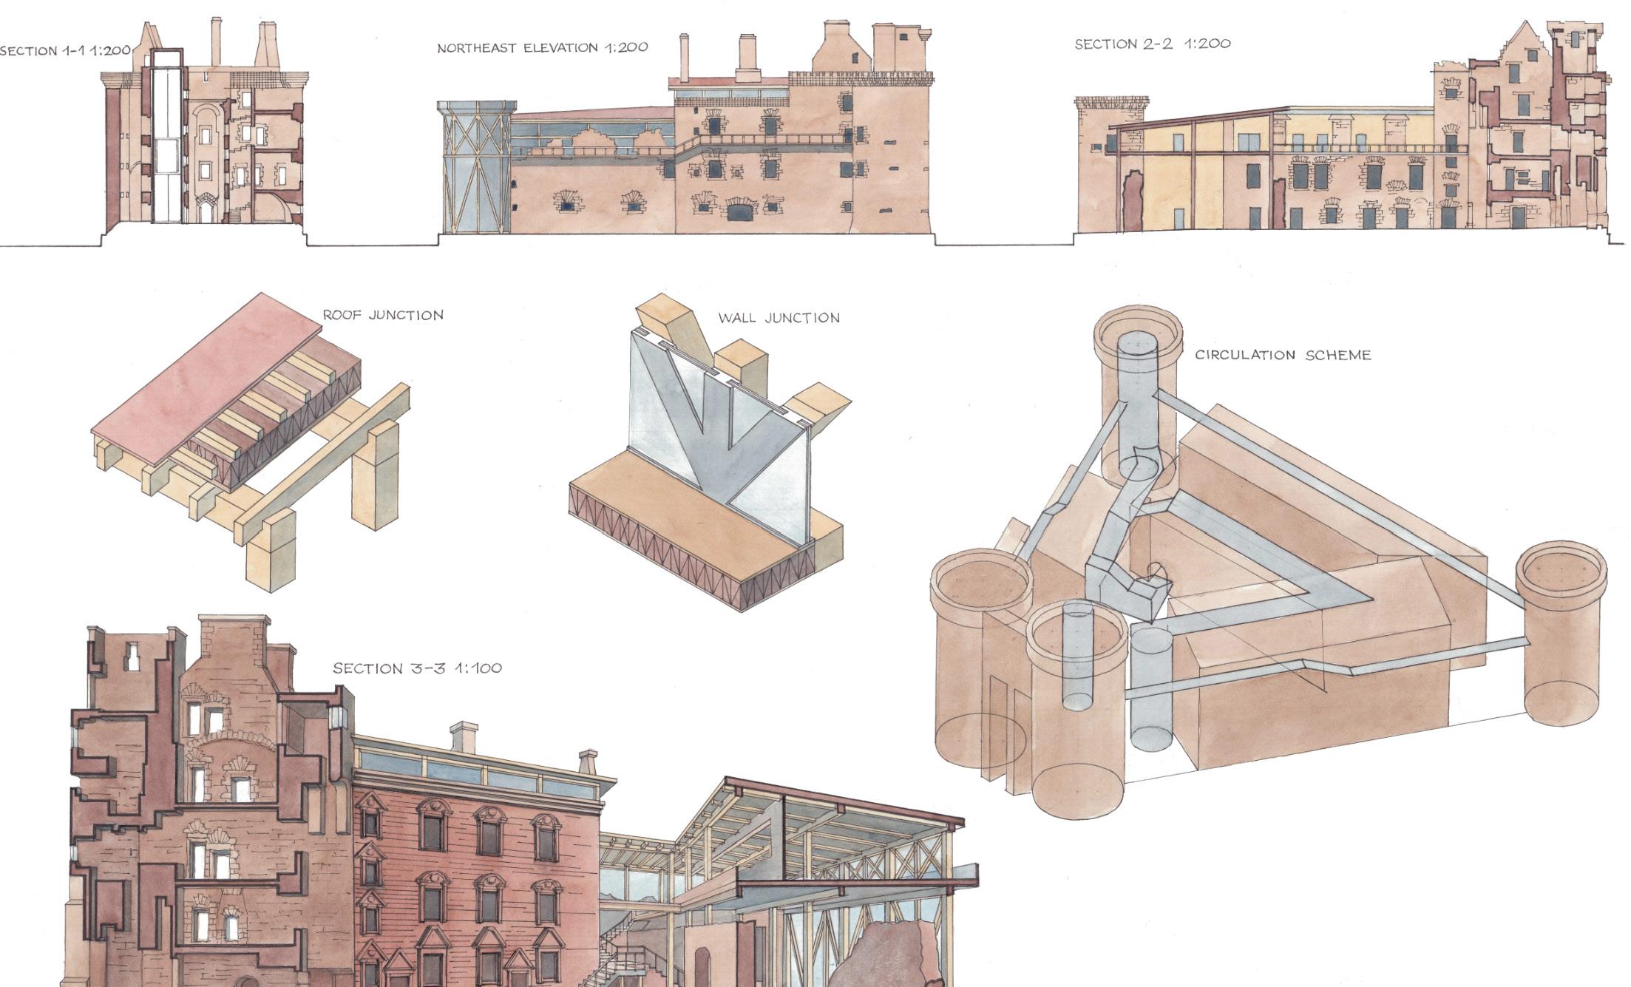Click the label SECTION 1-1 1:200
coord(65,51)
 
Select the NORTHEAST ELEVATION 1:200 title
coord(542,48)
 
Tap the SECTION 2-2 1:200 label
coord(1152,44)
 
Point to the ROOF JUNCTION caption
coord(383,315)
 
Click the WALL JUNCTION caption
coord(779,318)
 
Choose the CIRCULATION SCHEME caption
coord(1283,355)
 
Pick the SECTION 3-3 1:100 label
coord(417,668)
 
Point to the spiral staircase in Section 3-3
coord(617,954)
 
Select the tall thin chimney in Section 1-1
coord(216,42)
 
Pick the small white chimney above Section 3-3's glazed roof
coord(464,737)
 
